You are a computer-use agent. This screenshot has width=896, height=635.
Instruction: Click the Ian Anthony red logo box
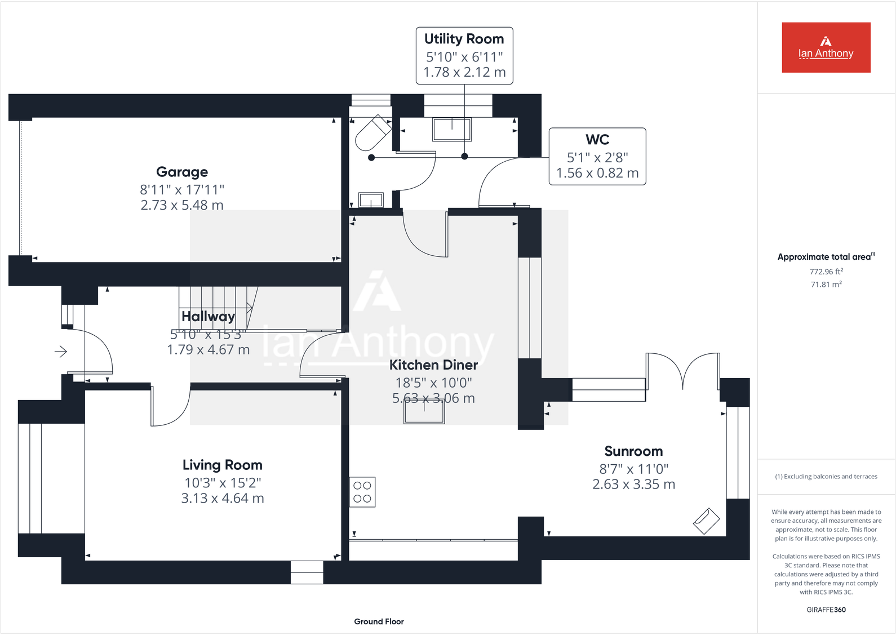tap(826, 47)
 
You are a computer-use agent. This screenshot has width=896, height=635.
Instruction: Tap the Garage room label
tap(182, 172)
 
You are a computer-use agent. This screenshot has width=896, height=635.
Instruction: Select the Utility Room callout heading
tap(464, 39)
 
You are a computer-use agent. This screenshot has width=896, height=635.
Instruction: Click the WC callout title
tap(597, 140)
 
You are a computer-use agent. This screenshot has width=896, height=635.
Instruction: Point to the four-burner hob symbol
tap(362, 492)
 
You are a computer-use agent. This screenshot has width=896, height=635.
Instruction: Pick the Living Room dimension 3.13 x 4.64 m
tap(222, 498)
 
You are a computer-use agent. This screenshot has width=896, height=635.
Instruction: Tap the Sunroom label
tap(633, 451)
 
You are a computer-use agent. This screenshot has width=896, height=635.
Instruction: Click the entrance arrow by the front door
tap(61, 352)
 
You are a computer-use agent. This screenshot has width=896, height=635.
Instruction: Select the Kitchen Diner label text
tap(433, 365)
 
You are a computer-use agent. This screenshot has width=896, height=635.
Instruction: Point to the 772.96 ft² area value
tap(826, 272)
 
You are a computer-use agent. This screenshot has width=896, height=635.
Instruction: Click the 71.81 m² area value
tap(826, 285)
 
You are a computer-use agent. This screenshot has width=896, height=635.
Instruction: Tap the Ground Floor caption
tap(379, 621)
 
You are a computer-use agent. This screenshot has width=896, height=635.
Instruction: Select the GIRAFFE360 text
tap(826, 610)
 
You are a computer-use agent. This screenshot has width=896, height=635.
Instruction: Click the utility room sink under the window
tap(451, 130)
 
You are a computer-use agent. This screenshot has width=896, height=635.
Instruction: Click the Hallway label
tap(208, 317)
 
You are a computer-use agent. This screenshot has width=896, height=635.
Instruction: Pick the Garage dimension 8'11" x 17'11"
tap(182, 190)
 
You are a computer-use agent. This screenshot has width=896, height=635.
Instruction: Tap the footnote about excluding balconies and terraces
tap(826, 477)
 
